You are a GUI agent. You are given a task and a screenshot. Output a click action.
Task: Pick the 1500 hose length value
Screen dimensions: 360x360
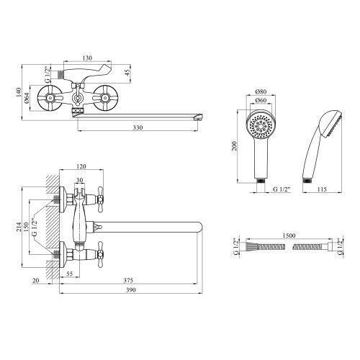click(289, 235)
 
